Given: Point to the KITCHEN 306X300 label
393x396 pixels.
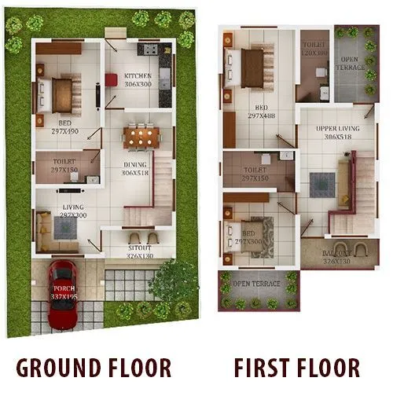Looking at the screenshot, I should [138, 80].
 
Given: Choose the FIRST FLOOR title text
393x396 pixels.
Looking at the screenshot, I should [297, 368].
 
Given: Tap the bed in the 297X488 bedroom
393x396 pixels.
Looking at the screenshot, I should [252, 69].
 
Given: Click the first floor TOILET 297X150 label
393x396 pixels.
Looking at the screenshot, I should [256, 174].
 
